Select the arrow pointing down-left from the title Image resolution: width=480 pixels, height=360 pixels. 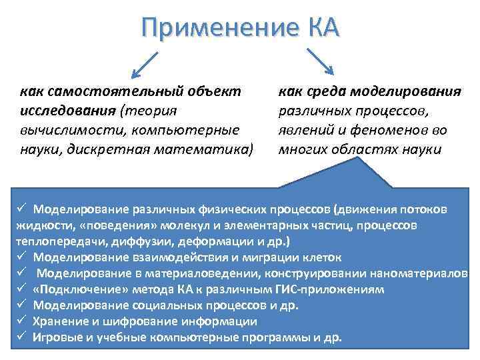[x=144, y=65]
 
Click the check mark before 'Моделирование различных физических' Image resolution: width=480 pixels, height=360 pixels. [x=21, y=209]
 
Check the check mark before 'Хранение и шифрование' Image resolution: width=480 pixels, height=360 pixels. [x=21, y=321]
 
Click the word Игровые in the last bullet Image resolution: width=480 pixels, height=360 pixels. [x=59, y=337]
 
